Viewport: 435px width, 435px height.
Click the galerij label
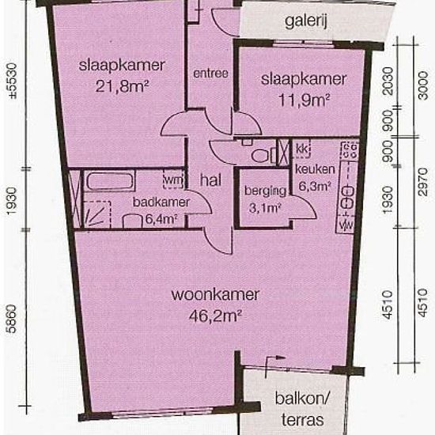click(x=306, y=21)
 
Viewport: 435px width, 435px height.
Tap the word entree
click(x=210, y=74)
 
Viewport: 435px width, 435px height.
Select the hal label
click(x=210, y=180)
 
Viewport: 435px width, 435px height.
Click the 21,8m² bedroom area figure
click(x=122, y=86)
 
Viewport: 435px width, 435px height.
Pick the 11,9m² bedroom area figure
click(x=304, y=100)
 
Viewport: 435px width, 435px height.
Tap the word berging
click(x=265, y=191)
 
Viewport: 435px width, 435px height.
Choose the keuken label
click(x=315, y=169)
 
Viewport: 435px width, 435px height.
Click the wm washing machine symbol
click(x=173, y=180)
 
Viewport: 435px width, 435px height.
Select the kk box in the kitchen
click(x=301, y=149)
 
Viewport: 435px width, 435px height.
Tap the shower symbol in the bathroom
click(x=97, y=214)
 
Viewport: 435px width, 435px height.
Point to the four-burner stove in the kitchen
click(x=350, y=150)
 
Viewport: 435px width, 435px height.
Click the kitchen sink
click(x=348, y=198)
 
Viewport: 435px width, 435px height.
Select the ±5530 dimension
click(x=13, y=81)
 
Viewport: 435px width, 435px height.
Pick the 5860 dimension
click(x=13, y=319)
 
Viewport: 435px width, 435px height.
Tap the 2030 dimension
click(x=388, y=81)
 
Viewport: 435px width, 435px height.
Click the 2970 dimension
click(x=423, y=182)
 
